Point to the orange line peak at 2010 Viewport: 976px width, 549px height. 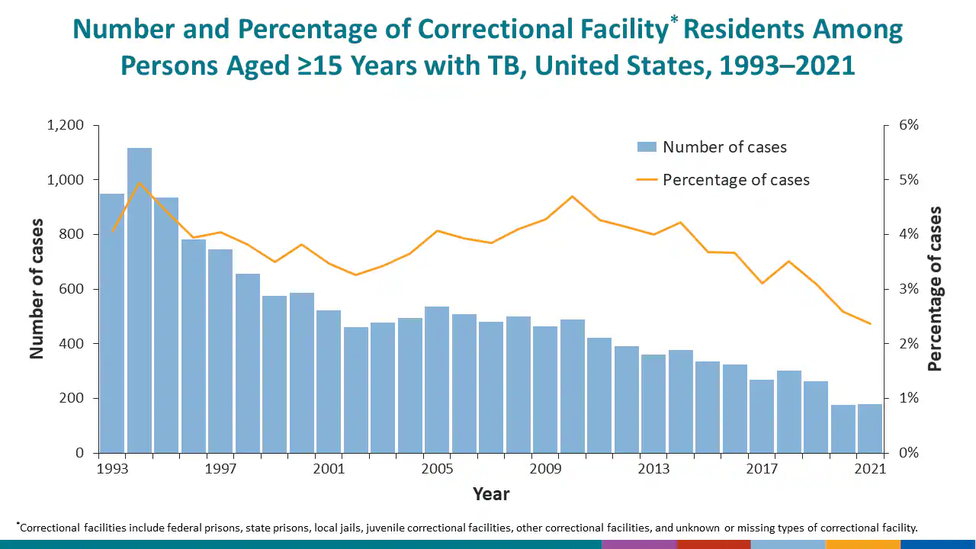click(x=572, y=197)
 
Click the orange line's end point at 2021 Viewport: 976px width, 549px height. click(x=870, y=323)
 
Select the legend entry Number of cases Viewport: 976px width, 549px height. click(x=724, y=147)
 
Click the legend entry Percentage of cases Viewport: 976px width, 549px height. click(x=736, y=180)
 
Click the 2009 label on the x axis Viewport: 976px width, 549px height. click(x=545, y=469)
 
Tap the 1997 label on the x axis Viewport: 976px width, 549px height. click(x=220, y=469)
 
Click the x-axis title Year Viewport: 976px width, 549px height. click(x=491, y=494)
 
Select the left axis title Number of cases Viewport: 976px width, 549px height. click(x=37, y=289)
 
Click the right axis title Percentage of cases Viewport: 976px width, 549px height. click(x=935, y=289)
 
